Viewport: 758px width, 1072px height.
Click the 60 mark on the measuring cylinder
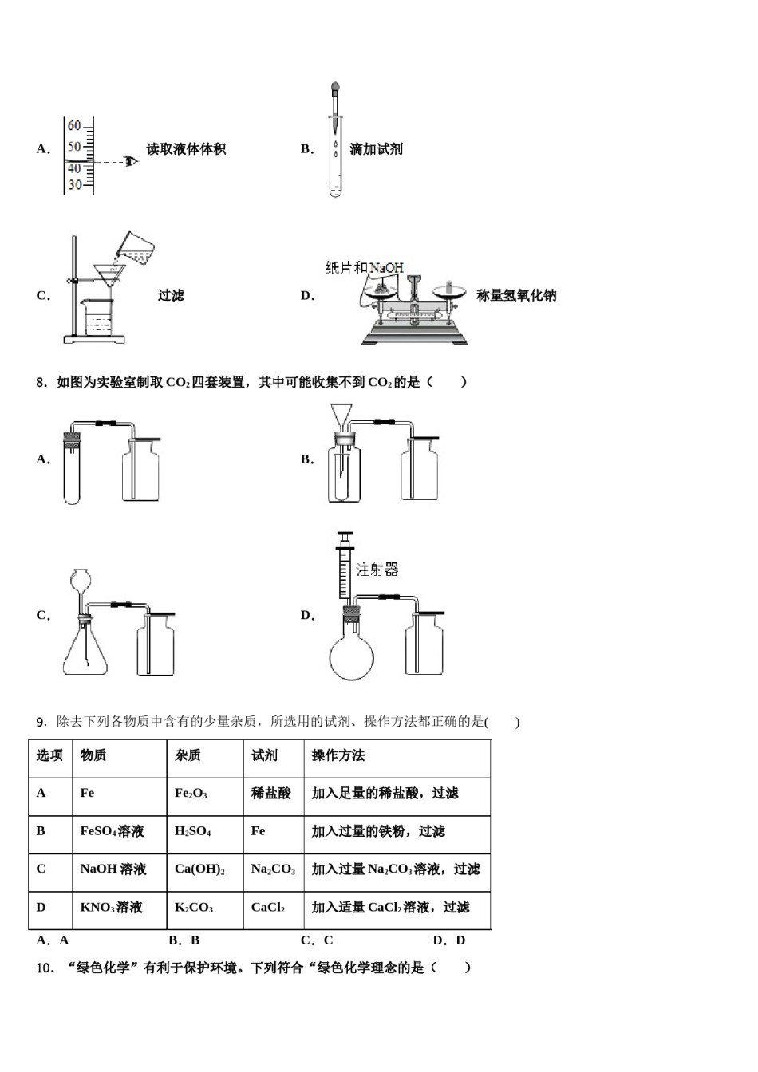click(74, 126)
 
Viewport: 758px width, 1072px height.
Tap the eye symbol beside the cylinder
click(131, 162)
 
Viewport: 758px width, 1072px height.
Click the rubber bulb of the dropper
click(335, 88)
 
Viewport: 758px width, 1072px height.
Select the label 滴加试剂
click(376, 149)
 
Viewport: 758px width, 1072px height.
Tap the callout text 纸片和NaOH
click(364, 267)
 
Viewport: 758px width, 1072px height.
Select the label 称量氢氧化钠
click(515, 296)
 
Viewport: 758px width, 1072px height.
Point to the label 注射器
click(377, 569)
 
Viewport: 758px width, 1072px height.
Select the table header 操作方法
click(338, 755)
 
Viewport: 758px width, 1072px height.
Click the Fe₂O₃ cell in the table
click(191, 794)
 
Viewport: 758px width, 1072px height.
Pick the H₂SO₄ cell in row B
click(192, 831)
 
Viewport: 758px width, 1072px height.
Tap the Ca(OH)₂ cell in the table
click(199, 869)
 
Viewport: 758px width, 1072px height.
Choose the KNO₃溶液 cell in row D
click(111, 908)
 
